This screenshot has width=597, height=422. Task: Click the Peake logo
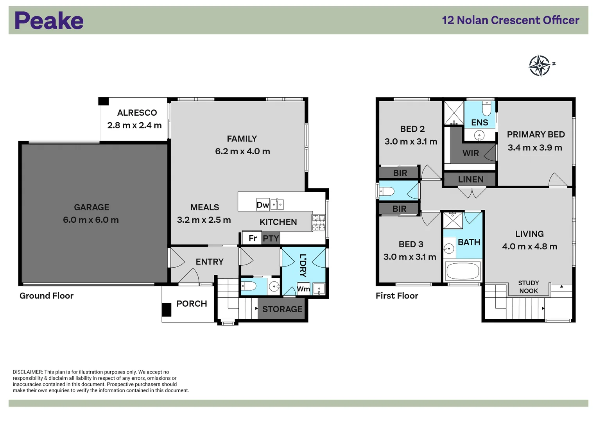tap(49, 21)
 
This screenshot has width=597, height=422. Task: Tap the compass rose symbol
tap(540, 65)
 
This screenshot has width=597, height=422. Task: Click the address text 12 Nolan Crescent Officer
tap(510, 20)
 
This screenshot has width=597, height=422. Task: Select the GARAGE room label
tap(91, 207)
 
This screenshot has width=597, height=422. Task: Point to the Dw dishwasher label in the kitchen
tap(262, 205)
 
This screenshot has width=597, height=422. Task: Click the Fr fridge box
tap(253, 238)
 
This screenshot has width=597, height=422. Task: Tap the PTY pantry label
tap(271, 238)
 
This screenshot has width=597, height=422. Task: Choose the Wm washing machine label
tap(303, 289)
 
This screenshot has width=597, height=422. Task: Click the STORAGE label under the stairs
tap(282, 309)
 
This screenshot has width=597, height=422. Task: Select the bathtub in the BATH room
tap(463, 271)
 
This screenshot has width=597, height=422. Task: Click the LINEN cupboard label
tap(470, 179)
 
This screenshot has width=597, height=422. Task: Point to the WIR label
tap(470, 153)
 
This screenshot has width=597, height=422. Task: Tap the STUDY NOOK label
tap(528, 287)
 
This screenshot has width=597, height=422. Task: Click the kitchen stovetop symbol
tap(318, 222)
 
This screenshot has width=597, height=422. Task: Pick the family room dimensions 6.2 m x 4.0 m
tap(242, 151)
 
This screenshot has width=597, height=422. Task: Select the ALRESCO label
tap(137, 113)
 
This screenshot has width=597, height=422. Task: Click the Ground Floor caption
tap(47, 296)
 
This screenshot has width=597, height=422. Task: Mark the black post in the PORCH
tap(167, 310)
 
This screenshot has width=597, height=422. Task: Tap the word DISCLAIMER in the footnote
tap(27, 372)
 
